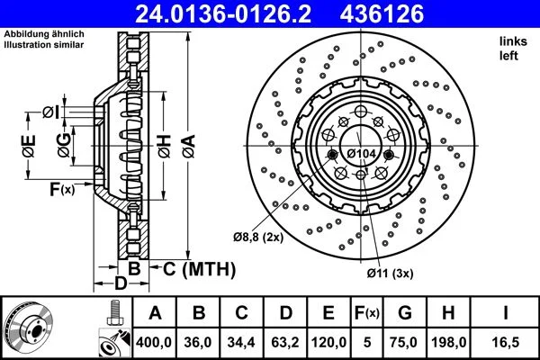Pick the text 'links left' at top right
tap(511, 49)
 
